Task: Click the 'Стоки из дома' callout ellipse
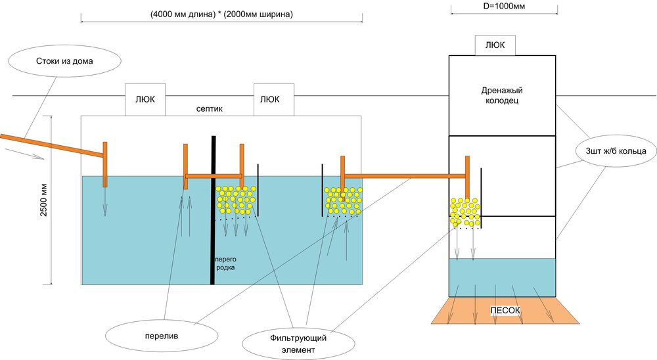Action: point(64,62)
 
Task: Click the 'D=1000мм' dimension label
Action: point(504,6)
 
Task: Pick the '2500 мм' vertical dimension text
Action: point(43,200)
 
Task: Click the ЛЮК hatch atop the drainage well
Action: point(495,45)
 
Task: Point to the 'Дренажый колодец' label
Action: point(501,95)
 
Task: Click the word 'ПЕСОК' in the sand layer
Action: point(505,309)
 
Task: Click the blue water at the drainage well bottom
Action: point(503,277)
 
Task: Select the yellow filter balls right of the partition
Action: point(236,199)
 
